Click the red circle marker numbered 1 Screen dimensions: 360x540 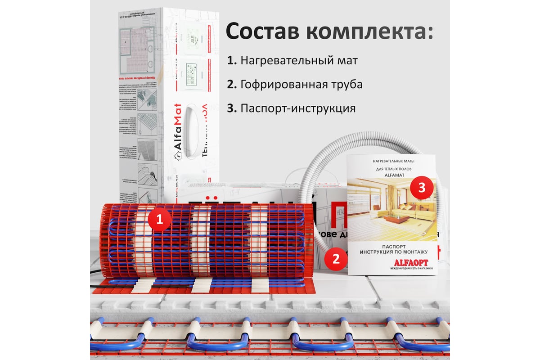tap(159, 220)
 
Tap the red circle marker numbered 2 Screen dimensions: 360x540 tap(335, 259)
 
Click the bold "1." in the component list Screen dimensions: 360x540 tap(232, 60)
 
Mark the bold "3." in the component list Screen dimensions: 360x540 tap(232, 109)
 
